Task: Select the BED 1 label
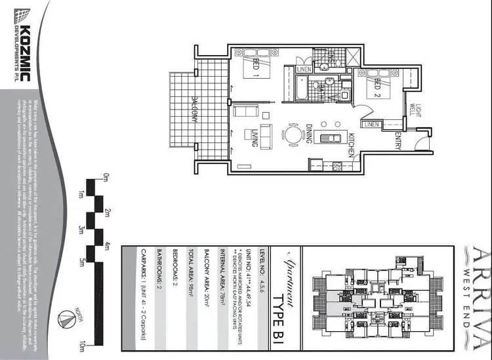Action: point(255,68)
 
